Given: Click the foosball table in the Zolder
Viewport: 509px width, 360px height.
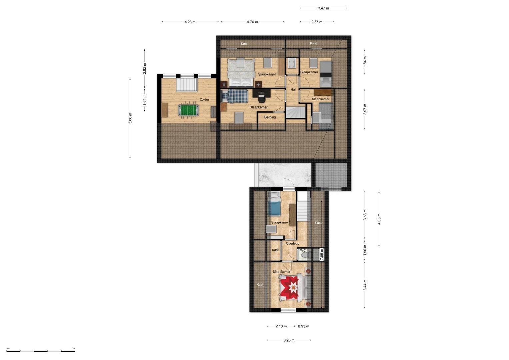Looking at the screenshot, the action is click(x=188, y=110).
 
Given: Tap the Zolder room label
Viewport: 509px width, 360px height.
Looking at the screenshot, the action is click(x=204, y=100).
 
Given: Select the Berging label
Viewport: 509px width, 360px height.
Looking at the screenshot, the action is click(x=270, y=117).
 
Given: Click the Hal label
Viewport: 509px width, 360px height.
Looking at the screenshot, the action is click(x=293, y=90).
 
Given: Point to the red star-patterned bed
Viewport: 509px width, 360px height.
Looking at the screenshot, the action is click(x=292, y=288).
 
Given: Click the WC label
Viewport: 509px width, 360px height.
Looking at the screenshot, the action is click(x=303, y=250).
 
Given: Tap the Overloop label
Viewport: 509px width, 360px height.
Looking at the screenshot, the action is click(x=292, y=243).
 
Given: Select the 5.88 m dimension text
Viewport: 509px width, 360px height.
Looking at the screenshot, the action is click(x=130, y=118).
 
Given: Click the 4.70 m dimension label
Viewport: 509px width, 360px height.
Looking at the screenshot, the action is click(x=252, y=22).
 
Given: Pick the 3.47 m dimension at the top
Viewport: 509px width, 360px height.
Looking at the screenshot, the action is click(x=323, y=8).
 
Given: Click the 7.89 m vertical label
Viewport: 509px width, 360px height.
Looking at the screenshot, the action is click(x=322, y=254).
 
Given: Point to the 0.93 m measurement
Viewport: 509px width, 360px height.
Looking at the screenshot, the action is click(x=304, y=326).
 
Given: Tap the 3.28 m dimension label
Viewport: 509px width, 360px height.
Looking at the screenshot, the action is click(x=289, y=340).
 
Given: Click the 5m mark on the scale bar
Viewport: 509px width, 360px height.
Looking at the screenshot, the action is click(x=73, y=348).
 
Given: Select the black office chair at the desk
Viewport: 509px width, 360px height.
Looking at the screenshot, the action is click(x=262, y=97).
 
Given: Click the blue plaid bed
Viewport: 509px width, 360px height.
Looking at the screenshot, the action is click(x=235, y=96).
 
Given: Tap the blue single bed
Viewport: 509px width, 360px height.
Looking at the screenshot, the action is click(x=274, y=204).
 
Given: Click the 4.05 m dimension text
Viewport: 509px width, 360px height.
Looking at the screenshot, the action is click(x=379, y=219).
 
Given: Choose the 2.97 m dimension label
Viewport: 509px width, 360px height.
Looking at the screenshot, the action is click(x=365, y=109).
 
